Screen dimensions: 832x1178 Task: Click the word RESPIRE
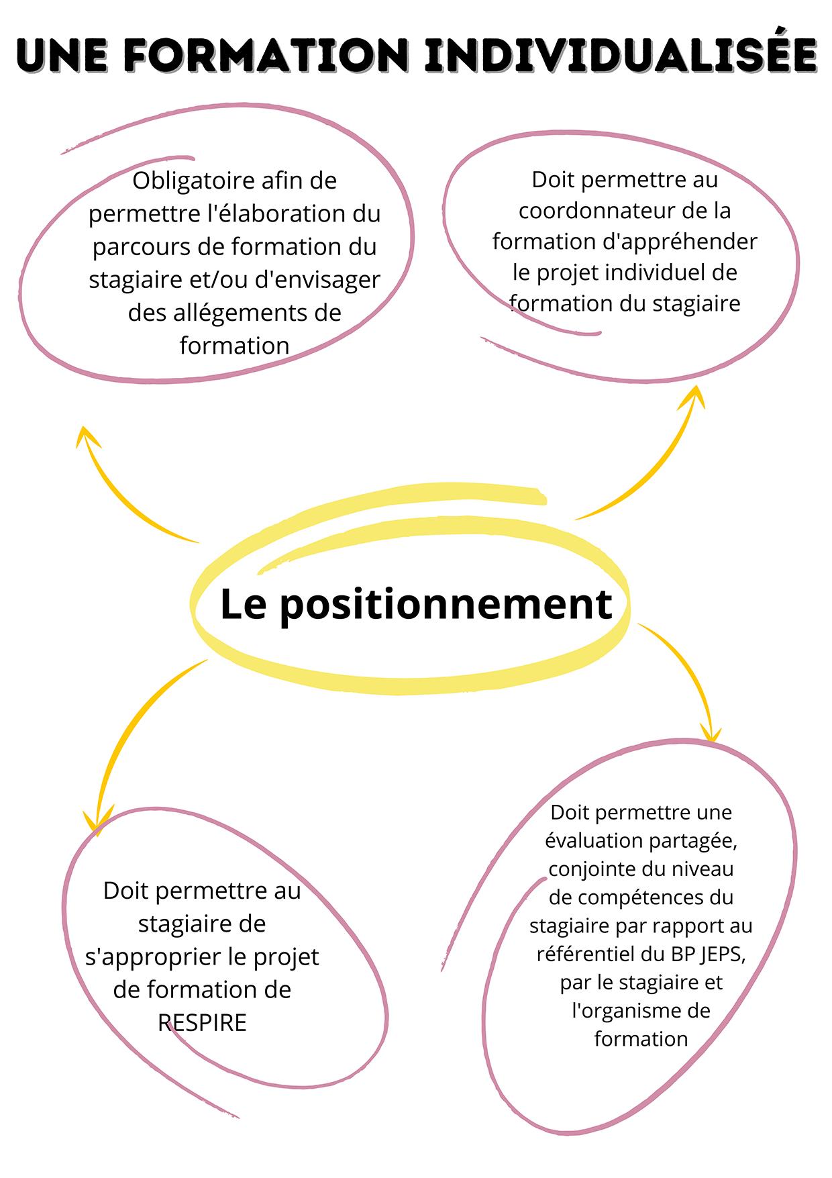[202, 1023]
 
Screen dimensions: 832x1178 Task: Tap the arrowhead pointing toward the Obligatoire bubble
[85, 436]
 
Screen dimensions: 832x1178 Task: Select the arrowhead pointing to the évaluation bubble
[710, 732]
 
